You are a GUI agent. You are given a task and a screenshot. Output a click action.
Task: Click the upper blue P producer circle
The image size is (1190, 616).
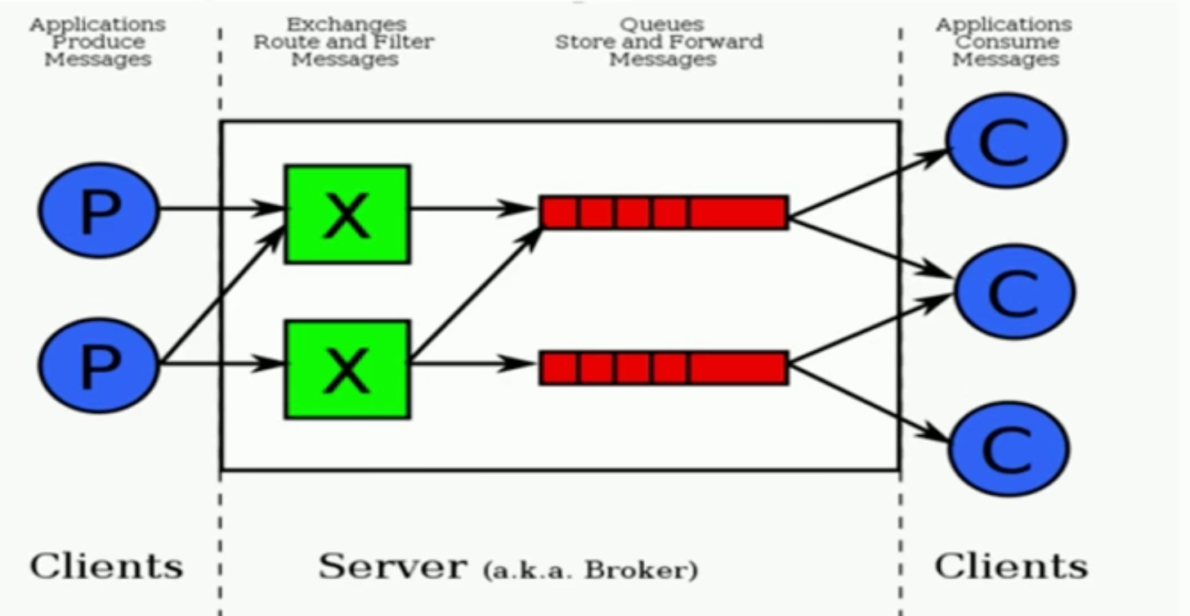[x=99, y=211]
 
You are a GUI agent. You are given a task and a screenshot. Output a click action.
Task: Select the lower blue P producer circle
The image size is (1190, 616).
[x=99, y=366]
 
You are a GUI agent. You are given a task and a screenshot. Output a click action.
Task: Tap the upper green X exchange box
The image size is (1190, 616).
[x=347, y=214]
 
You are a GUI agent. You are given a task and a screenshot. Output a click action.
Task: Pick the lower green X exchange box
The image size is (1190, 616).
[x=347, y=370]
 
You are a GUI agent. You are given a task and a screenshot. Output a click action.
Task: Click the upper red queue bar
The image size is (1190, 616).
[x=664, y=212]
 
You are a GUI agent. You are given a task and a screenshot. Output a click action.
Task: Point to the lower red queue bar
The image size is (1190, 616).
[x=664, y=367]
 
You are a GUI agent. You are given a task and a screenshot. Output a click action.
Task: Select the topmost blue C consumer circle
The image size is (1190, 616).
[x=1007, y=141]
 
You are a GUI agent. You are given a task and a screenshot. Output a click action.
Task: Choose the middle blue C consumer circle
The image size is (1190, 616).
[x=1013, y=292]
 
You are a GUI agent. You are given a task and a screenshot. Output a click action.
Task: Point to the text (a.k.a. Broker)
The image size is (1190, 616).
[x=590, y=569]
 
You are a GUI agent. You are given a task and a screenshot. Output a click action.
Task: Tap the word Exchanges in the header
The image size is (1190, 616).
[x=346, y=25]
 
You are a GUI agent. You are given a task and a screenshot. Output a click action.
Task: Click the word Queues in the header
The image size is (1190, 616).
[x=662, y=25]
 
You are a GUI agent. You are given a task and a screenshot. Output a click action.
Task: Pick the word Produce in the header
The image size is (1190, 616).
[x=98, y=42]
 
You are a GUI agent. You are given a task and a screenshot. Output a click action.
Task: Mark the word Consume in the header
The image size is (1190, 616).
[x=1005, y=42]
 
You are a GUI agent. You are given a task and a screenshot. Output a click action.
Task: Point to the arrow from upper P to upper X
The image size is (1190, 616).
[x=221, y=209]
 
